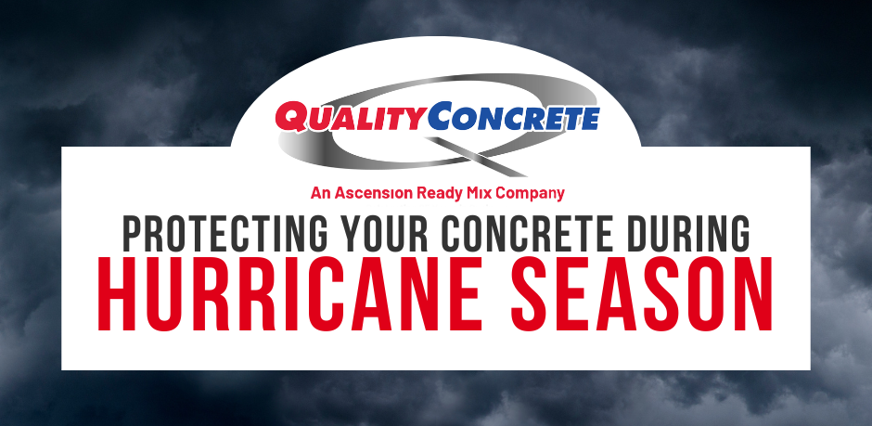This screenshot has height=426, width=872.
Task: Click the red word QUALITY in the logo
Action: click(352, 117)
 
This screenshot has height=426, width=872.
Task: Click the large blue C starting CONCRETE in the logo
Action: click(444, 116)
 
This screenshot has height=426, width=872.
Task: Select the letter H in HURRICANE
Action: click(119, 294)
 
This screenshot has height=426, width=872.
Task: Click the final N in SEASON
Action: click(753, 294)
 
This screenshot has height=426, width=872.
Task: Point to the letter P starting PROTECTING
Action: click(134, 233)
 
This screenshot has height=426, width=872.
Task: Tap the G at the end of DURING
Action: click(739, 233)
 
